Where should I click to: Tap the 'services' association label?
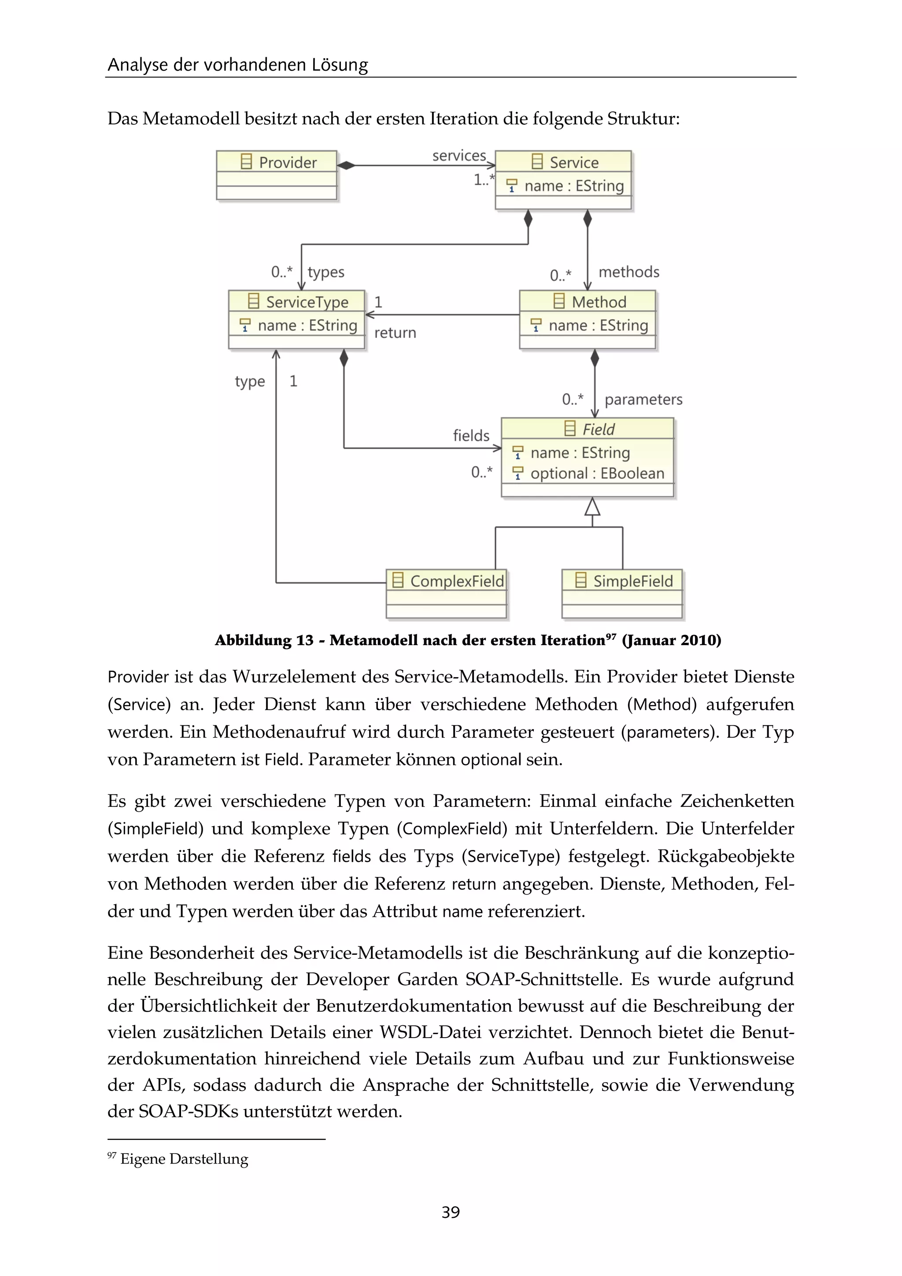(459, 156)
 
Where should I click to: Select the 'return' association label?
(395, 333)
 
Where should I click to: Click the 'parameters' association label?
(643, 400)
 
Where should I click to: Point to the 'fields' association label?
(471, 436)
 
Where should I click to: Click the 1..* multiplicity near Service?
(483, 179)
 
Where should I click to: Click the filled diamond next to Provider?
(346, 165)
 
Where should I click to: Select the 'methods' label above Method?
(629, 272)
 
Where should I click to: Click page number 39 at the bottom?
(451, 1212)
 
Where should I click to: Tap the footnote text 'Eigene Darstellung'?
(184, 1159)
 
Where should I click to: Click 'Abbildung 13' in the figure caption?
(264, 640)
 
